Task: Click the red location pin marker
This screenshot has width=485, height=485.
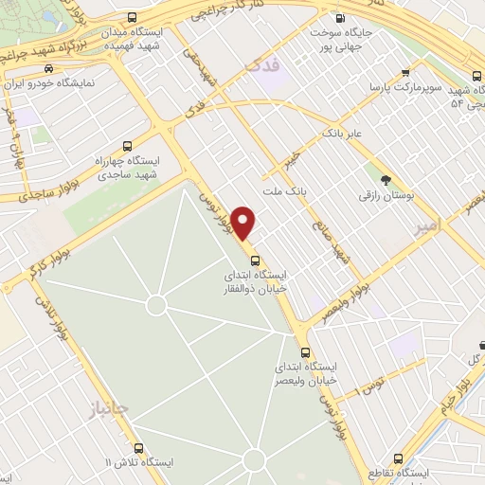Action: coord(243,224)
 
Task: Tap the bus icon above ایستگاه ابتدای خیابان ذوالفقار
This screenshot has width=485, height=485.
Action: coord(254,260)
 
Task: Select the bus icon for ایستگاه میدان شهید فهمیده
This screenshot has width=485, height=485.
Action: coord(132,18)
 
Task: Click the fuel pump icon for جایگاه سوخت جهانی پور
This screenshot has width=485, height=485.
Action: coord(340,18)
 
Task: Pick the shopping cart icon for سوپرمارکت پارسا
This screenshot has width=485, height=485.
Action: coord(405,72)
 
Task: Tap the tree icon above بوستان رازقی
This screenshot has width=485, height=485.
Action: coord(385,180)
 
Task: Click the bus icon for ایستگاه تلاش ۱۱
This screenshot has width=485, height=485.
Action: coord(139,448)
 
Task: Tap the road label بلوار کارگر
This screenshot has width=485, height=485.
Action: coord(29,269)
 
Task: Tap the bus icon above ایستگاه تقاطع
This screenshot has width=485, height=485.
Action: coord(396,456)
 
